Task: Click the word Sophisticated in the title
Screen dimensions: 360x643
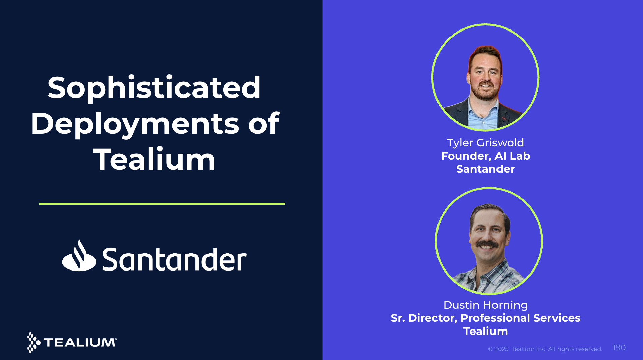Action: click(x=154, y=88)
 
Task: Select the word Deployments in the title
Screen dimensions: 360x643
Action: click(x=134, y=124)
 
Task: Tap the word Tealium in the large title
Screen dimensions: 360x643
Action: click(x=154, y=160)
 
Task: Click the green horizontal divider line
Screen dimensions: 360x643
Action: click(x=162, y=204)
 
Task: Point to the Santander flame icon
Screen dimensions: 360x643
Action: click(x=79, y=256)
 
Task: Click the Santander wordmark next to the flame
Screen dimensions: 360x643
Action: click(x=174, y=259)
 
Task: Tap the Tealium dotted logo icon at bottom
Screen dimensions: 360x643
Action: click(x=33, y=342)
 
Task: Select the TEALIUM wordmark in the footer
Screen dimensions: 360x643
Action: click(x=80, y=343)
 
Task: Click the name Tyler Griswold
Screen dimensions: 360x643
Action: click(x=485, y=143)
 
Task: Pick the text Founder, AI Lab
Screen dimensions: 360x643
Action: click(x=485, y=156)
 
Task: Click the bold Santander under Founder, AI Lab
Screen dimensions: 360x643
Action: click(x=485, y=169)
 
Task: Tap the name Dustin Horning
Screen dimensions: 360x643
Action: click(x=485, y=305)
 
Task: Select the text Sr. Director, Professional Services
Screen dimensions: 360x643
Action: click(x=485, y=318)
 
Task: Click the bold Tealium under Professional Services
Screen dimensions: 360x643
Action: click(x=485, y=331)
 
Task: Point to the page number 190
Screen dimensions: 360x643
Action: click(x=619, y=348)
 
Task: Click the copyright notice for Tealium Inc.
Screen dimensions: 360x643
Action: click(x=545, y=349)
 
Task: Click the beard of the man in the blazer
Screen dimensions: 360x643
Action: click(x=485, y=94)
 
